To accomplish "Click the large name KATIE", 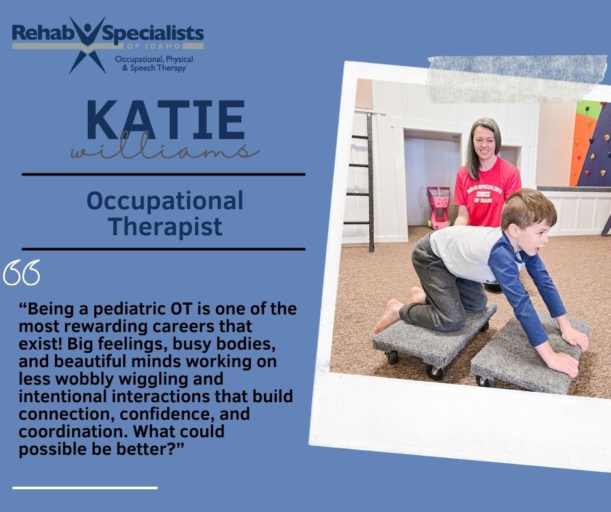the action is (166, 120).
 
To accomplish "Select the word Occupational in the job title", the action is (165, 201).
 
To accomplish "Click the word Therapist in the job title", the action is (165, 226).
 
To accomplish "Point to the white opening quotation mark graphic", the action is (21, 272).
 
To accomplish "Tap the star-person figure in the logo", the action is (88, 44).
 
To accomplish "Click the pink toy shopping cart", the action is (438, 207).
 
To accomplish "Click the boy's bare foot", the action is (387, 315).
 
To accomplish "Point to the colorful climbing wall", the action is (591, 144).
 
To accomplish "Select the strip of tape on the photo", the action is (517, 79).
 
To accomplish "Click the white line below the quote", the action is (85, 487).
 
